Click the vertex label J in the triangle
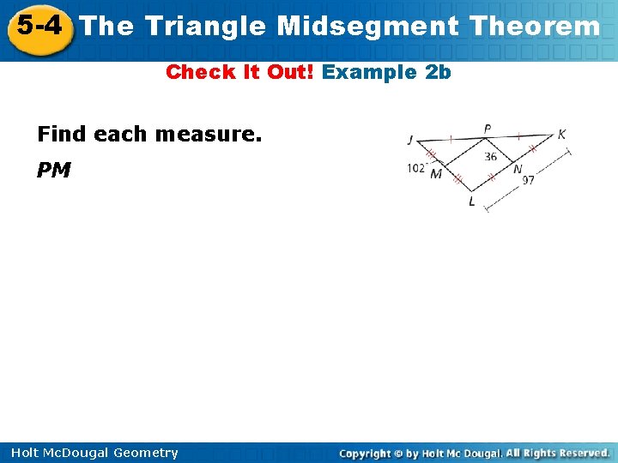coord(410,141)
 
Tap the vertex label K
coord(561,135)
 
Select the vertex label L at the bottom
coord(470,201)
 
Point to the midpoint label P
coord(488,129)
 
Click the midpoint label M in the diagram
coord(436,174)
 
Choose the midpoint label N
coord(517,169)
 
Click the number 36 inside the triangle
coord(490,156)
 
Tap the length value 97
coord(528,180)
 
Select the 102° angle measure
coord(417,169)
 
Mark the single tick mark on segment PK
coord(518,135)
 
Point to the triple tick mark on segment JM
coord(432,155)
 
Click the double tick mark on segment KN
coord(532,149)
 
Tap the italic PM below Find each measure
coord(53,171)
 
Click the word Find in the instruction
coord(63,135)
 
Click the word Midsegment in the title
coord(368,27)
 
